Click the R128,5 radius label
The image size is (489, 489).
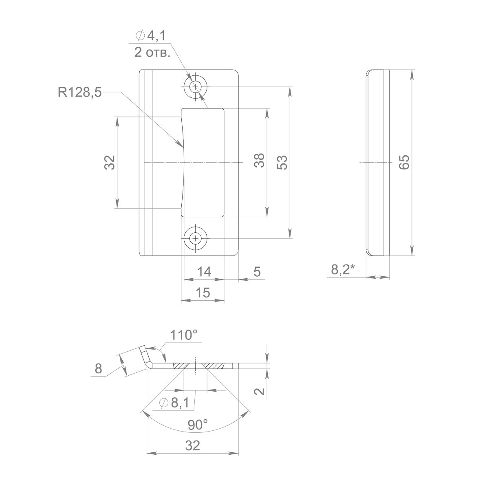[79, 93]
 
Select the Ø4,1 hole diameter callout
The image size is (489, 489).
[151, 36]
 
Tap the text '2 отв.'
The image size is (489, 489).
[152, 53]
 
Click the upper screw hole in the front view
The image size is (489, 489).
[196, 87]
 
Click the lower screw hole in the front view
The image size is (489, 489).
[196, 238]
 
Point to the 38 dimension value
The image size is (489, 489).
[259, 160]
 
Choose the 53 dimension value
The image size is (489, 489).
[282, 162]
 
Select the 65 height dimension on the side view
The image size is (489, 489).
[404, 162]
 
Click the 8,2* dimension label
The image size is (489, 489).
[343, 269]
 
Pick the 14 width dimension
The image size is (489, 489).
[204, 272]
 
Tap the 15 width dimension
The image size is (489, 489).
[203, 293]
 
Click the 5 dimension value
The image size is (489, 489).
[257, 272]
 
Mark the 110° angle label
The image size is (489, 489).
[184, 335]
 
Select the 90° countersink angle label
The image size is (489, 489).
[198, 425]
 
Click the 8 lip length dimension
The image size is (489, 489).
[98, 368]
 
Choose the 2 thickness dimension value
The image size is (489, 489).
[259, 391]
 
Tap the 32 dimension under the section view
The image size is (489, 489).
[193, 446]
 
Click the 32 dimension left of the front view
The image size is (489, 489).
[110, 162]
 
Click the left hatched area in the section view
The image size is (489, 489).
[181, 366]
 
